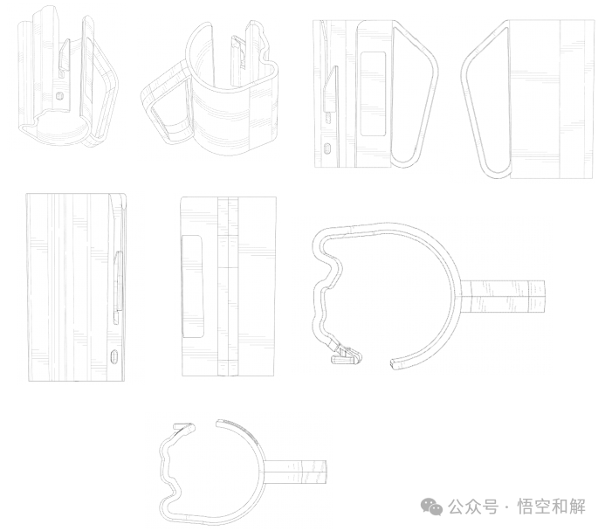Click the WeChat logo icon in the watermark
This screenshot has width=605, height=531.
tap(432, 507)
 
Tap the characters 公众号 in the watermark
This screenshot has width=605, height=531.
tap(472, 507)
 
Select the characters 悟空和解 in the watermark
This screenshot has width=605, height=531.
tap(552, 507)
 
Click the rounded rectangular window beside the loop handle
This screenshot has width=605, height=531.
tap(373, 93)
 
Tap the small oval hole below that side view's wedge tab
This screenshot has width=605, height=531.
tap(328, 148)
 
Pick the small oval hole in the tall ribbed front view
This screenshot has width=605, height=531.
tap(113, 356)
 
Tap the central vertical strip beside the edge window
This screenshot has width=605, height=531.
tap(228, 286)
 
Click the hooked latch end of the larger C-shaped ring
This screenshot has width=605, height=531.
tap(347, 355)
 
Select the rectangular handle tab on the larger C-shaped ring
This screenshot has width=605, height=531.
tap(503, 297)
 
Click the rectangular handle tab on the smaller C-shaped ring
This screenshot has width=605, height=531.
tap(295, 472)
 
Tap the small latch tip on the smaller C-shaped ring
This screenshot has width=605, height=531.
tap(184, 428)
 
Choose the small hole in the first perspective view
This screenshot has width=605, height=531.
tap(59, 95)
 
